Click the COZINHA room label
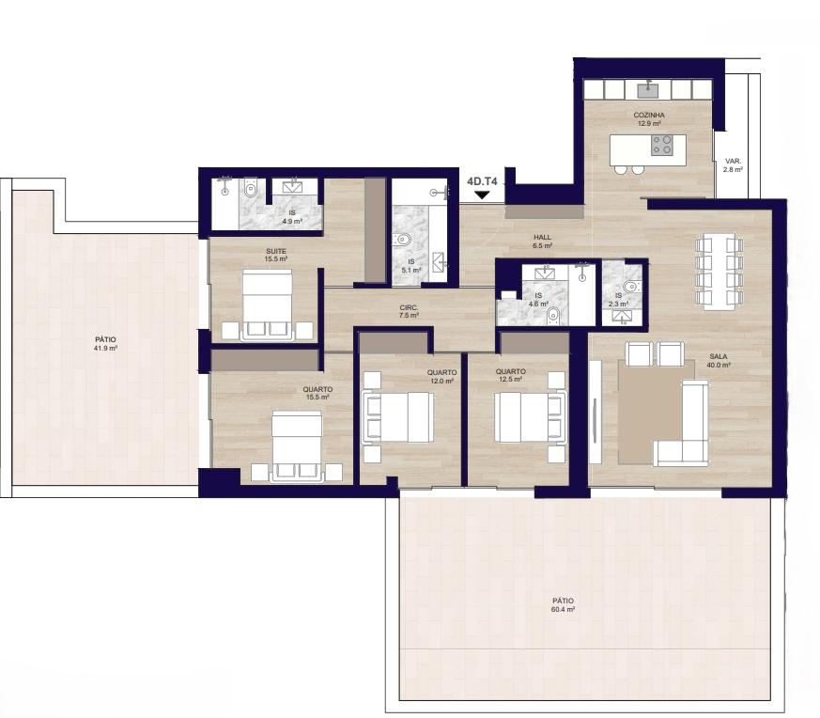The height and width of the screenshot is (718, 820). pyautogui.click(x=649, y=116)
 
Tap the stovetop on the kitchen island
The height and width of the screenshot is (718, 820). pyautogui.click(x=661, y=145)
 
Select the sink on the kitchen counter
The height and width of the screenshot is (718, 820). pyautogui.click(x=648, y=89)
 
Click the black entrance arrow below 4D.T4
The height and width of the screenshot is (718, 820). pyautogui.click(x=482, y=195)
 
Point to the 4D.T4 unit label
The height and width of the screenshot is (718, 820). pyautogui.click(x=482, y=181)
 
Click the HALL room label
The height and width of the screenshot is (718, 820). pyautogui.click(x=542, y=237)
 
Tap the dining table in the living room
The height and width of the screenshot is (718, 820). pyautogui.click(x=719, y=271)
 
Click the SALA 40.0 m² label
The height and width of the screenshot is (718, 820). pyautogui.click(x=718, y=361)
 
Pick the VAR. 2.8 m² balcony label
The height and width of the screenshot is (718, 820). pyautogui.click(x=733, y=165)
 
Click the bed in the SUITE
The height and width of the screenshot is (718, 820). pyautogui.click(x=268, y=305)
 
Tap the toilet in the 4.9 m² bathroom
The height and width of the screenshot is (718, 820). pyautogui.click(x=251, y=188)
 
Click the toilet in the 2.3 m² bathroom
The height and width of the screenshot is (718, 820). pyautogui.click(x=630, y=286)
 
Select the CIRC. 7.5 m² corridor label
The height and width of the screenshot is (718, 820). pyautogui.click(x=409, y=311)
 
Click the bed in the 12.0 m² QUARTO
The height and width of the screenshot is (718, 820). pyautogui.click(x=398, y=417)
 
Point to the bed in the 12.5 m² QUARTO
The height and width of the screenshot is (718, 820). pyautogui.click(x=531, y=417)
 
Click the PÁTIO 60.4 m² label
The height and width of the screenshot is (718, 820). pyautogui.click(x=563, y=605)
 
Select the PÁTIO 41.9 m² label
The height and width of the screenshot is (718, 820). pyautogui.click(x=105, y=344)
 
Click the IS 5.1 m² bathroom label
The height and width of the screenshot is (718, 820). pyautogui.click(x=411, y=266)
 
